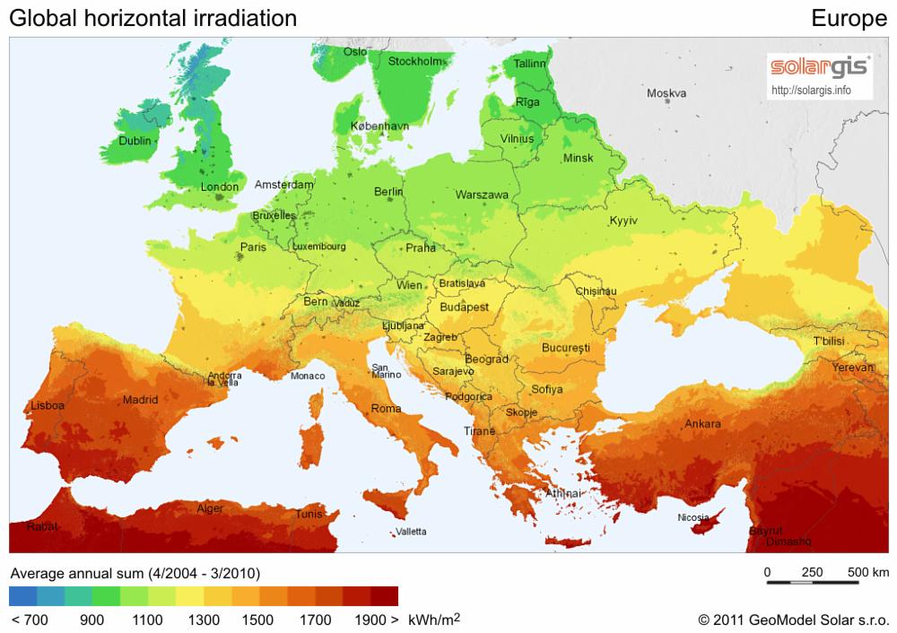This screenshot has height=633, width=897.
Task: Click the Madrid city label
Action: pyautogui.click(x=140, y=400)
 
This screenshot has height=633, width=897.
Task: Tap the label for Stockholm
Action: pyautogui.click(x=415, y=62)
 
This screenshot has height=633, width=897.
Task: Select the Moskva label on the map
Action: pyautogui.click(x=666, y=93)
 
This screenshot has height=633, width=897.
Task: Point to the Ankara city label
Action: pyautogui.click(x=702, y=424)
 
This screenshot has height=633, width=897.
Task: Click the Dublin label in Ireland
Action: pyautogui.click(x=135, y=141)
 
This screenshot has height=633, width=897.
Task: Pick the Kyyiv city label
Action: pyautogui.click(x=623, y=221)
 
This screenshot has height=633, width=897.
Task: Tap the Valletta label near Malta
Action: pyautogui.click(x=411, y=532)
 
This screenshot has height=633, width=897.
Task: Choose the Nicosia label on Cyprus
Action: pyautogui.click(x=693, y=517)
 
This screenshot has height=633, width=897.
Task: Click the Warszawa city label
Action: pyautogui.click(x=482, y=195)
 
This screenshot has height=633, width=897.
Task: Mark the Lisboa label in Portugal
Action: pyautogui.click(x=48, y=405)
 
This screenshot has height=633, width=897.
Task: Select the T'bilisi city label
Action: pyautogui.click(x=831, y=342)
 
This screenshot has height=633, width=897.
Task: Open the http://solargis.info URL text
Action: pyautogui.click(x=811, y=91)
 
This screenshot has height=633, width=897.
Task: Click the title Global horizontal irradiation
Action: pyautogui.click(x=152, y=18)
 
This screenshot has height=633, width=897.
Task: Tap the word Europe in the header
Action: pyautogui.click(x=849, y=18)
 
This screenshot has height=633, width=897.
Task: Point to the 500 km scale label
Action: pyautogui.click(x=867, y=572)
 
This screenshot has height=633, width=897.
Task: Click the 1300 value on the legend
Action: pyautogui.click(x=204, y=620)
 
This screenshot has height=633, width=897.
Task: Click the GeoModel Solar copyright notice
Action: pyautogui.click(x=793, y=620)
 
